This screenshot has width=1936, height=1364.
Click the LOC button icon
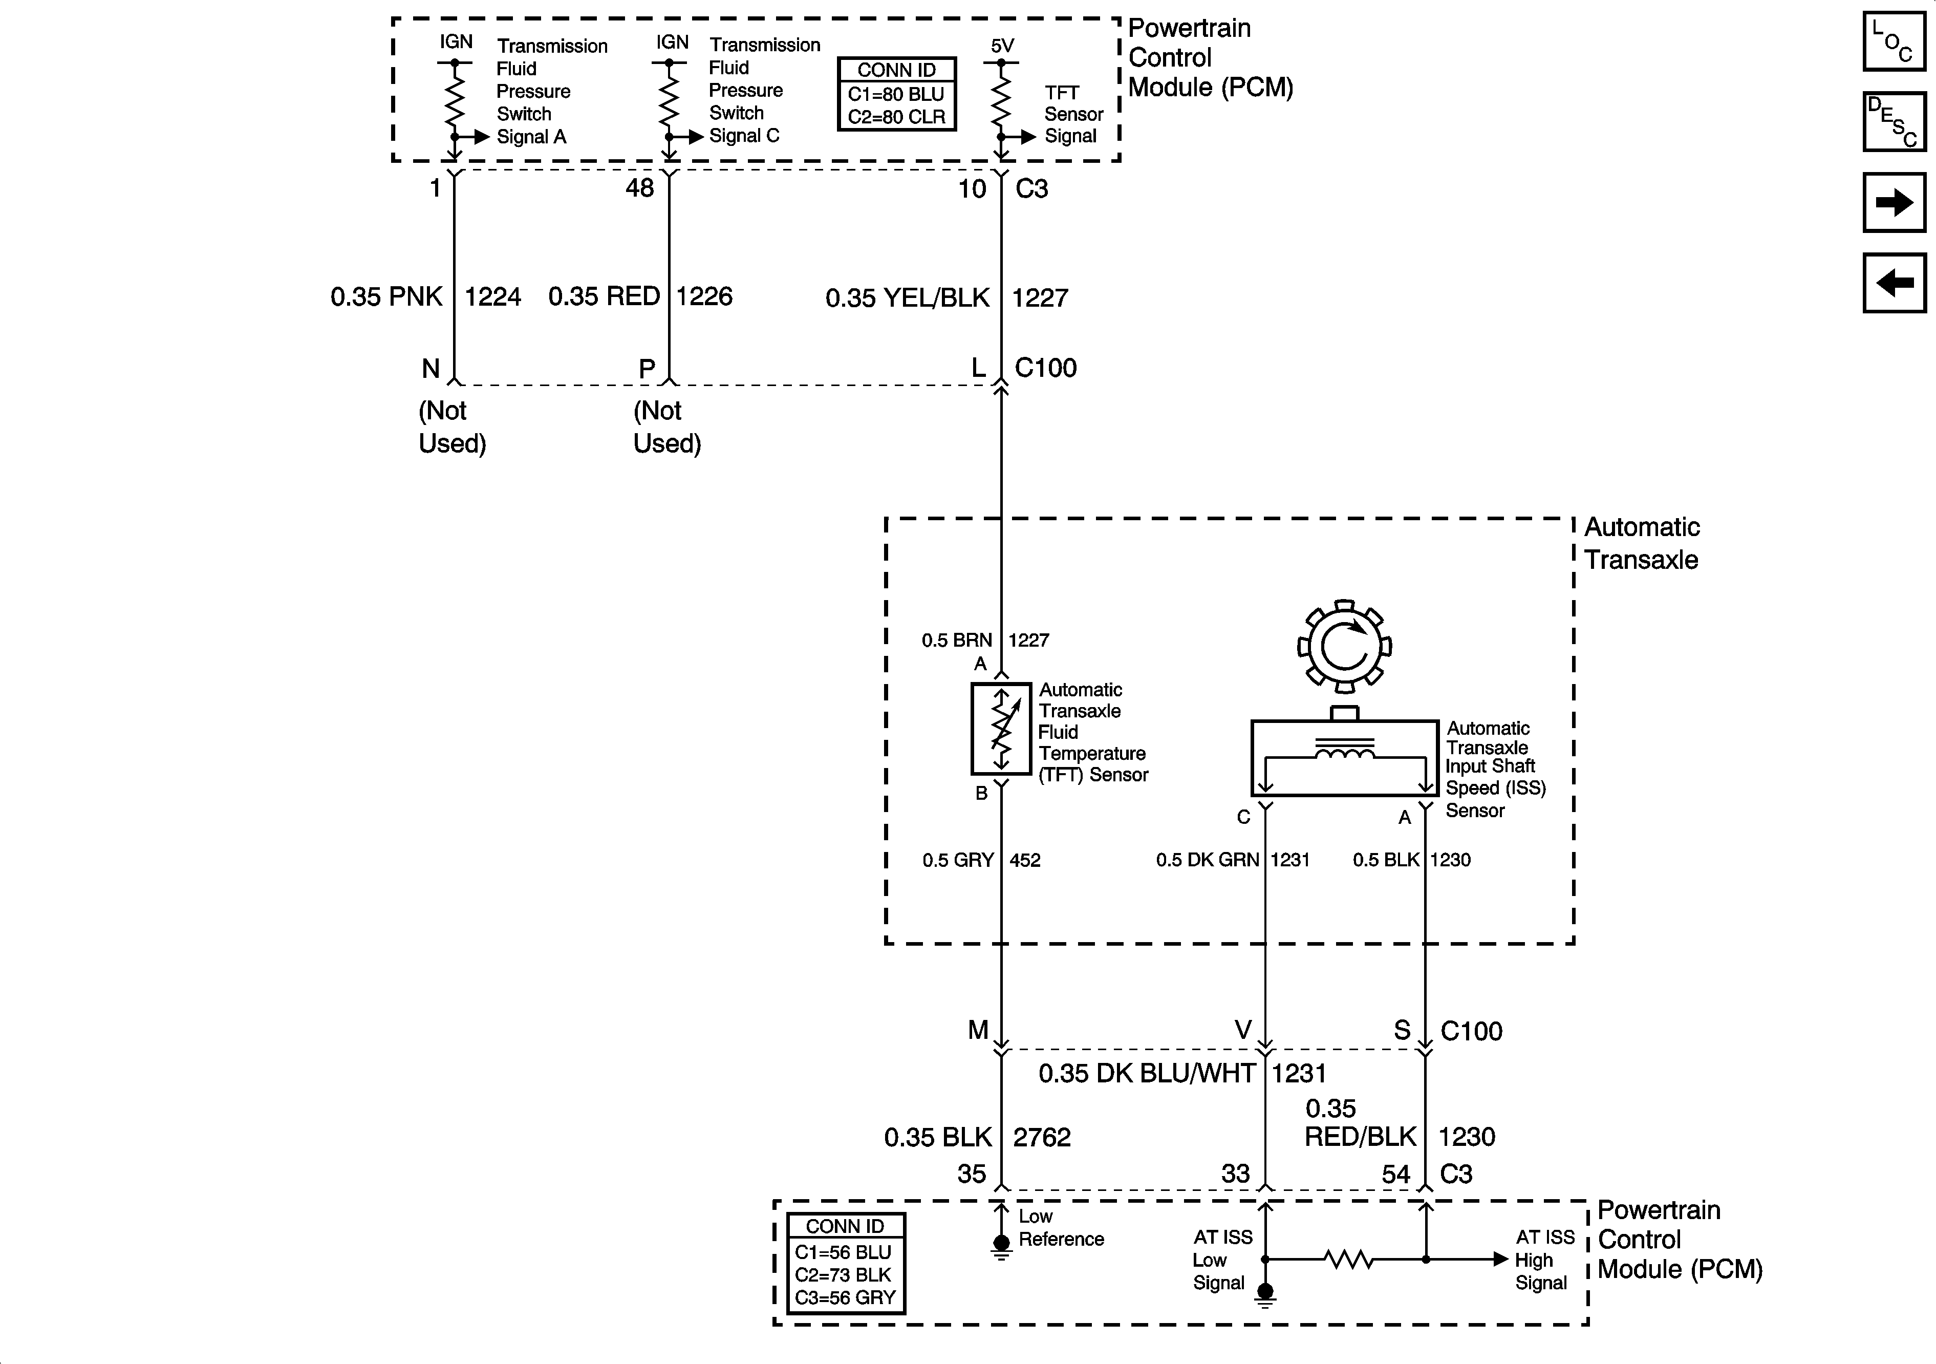1894,40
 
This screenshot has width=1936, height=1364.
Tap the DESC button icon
1894,122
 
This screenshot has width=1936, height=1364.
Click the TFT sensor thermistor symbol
1001,729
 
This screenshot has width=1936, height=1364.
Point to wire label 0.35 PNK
386,297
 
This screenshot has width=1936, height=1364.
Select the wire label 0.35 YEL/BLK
907,298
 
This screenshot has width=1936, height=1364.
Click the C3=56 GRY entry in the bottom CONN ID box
845,1297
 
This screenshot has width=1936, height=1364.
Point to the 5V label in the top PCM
1002,46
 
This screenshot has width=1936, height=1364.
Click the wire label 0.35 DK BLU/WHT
1147,1073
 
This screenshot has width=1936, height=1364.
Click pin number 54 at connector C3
1395,1174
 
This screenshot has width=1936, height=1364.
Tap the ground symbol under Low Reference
1001,1247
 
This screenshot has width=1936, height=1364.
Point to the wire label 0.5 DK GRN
1207,860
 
